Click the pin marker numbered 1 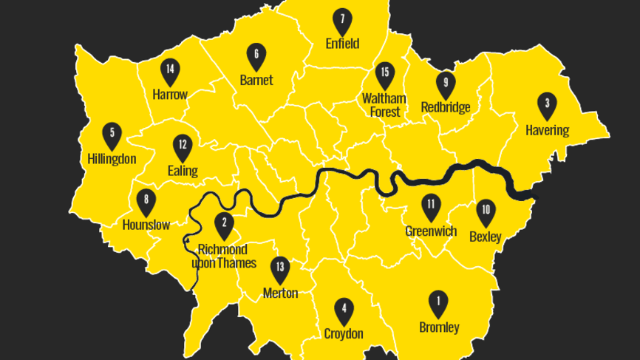pos(438,303)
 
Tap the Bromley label pos(439,327)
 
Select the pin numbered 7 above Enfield pos(341,21)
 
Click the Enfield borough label pos(342,44)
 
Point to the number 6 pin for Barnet pos(256,56)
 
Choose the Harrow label pos(170,95)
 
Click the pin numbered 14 pos(170,72)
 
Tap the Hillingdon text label pos(112,159)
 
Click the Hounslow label pos(146,225)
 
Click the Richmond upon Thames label pos(224,257)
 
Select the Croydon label pos(344,334)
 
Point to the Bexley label pos(486,237)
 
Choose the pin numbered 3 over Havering pos(547,106)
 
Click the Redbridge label pos(446,108)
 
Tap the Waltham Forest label pos(384,105)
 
